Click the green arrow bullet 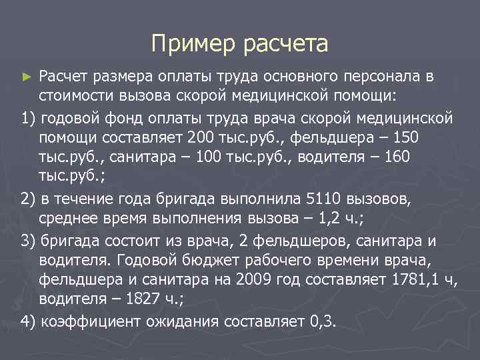click(x=27, y=77)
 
